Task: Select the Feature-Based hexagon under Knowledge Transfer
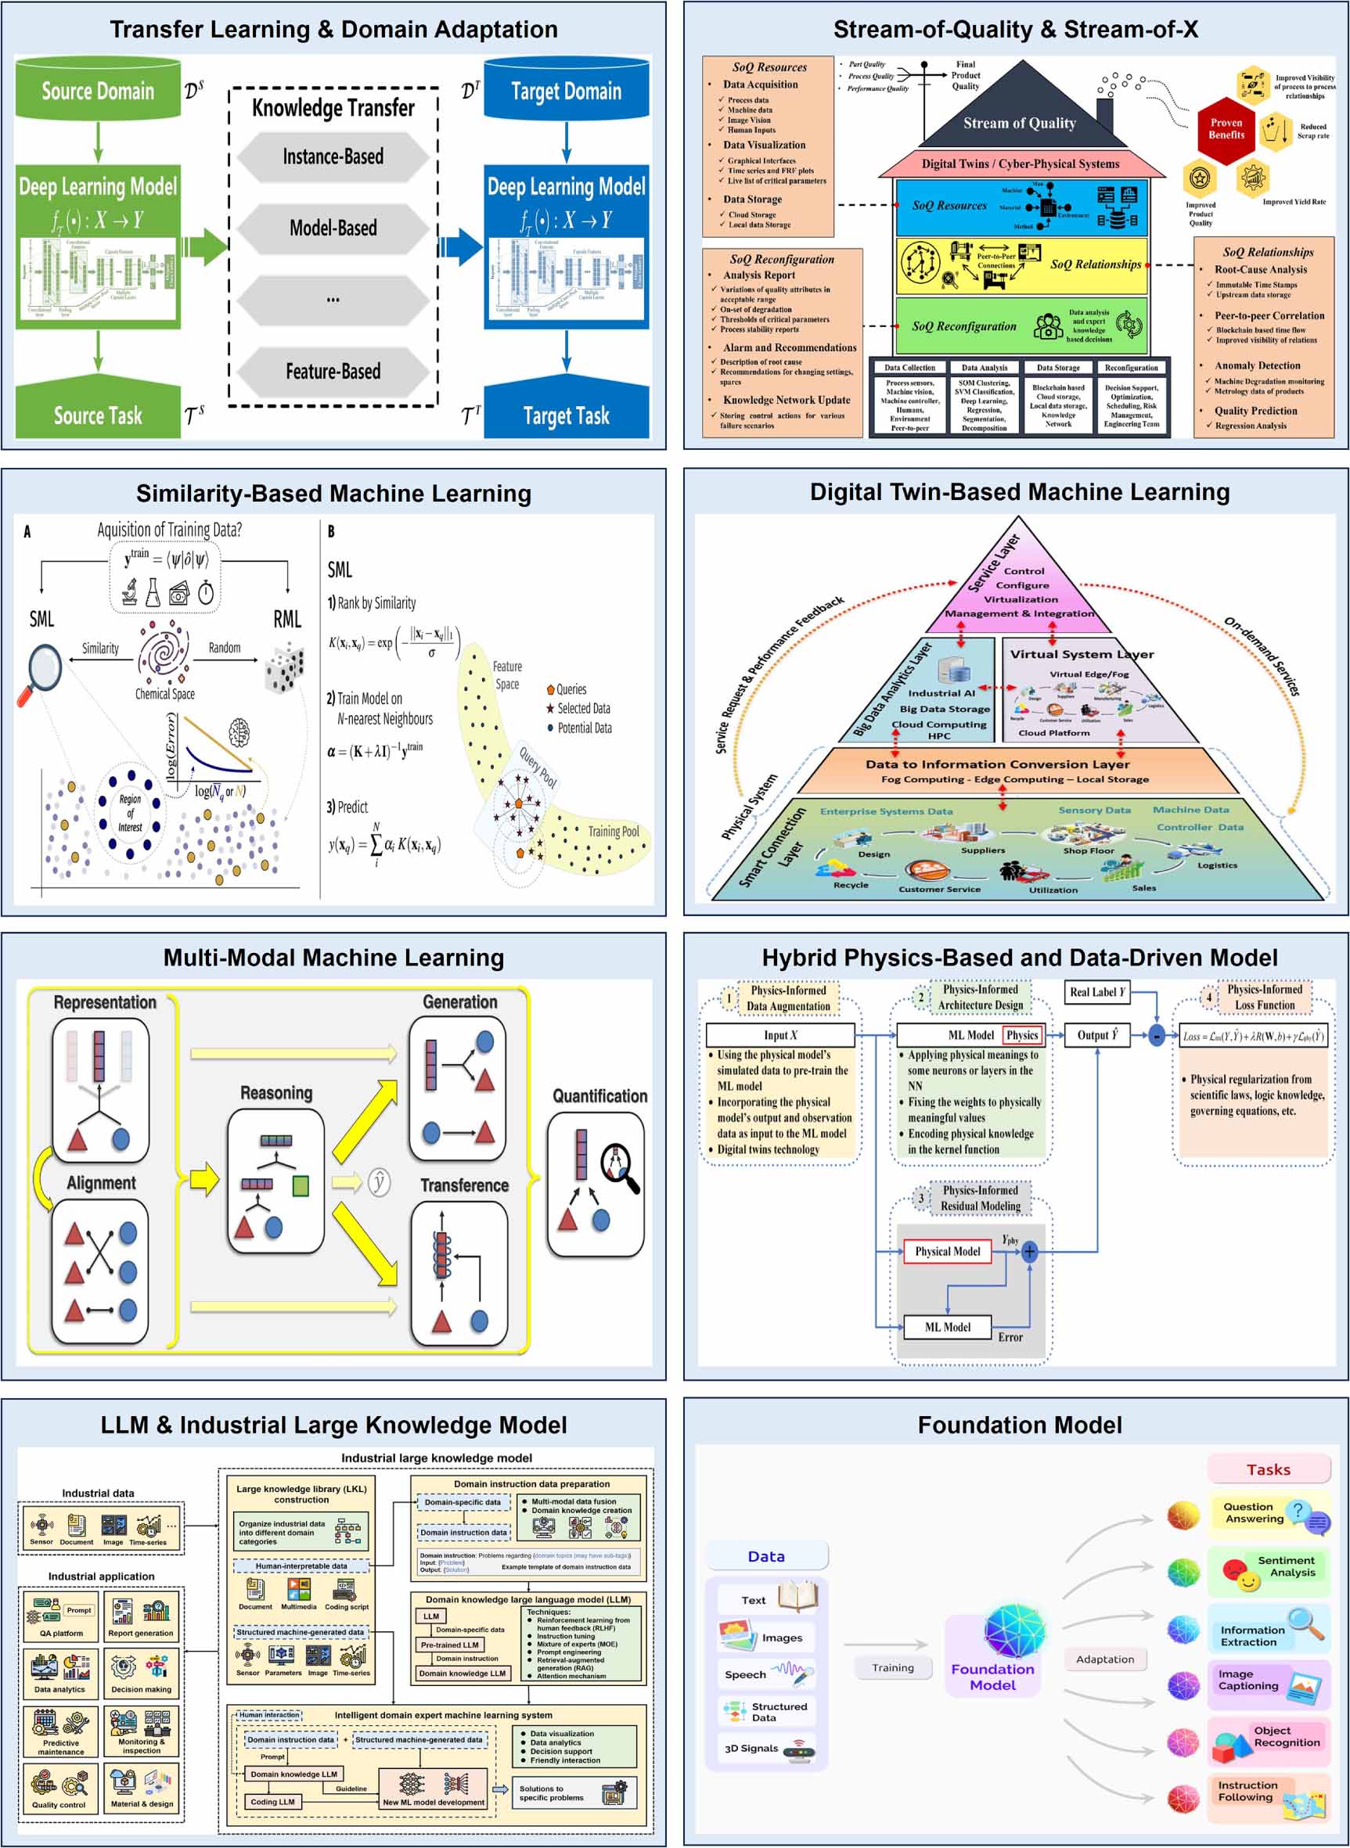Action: pyautogui.click(x=333, y=372)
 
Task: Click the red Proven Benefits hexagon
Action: pyautogui.click(x=1226, y=129)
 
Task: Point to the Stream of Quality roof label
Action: pyautogui.click(x=1019, y=124)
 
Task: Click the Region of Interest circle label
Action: pyautogui.click(x=130, y=813)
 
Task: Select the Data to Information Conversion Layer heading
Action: pyautogui.click(x=997, y=764)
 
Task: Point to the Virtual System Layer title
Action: pyautogui.click(x=1081, y=653)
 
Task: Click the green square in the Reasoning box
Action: pyautogui.click(x=300, y=1185)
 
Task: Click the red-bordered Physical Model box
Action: pyautogui.click(x=947, y=1251)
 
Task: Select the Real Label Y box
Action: pyautogui.click(x=1096, y=992)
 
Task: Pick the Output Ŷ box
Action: pyautogui.click(x=1096, y=1035)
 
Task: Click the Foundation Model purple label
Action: pyautogui.click(x=992, y=1677)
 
